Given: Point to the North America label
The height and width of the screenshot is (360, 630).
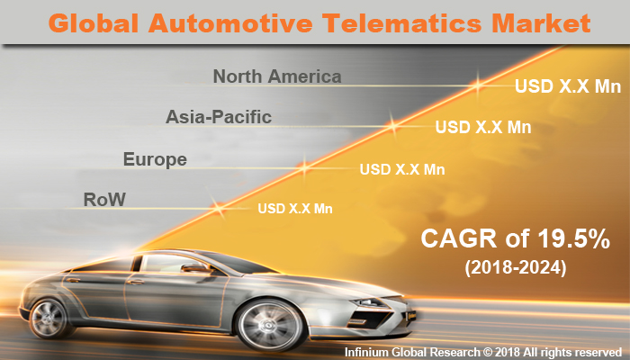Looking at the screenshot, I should pyautogui.click(x=277, y=76).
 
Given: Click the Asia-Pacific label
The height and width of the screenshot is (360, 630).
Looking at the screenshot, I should pyautogui.click(x=219, y=117).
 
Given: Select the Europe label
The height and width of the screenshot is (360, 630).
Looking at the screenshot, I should pyautogui.click(x=155, y=160).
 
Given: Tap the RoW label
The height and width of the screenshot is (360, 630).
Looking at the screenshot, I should pyautogui.click(x=103, y=198).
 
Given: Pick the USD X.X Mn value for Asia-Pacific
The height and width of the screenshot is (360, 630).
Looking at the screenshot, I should pyautogui.click(x=482, y=127).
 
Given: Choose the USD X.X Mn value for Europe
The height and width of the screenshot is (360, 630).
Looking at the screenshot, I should pyautogui.click(x=402, y=168).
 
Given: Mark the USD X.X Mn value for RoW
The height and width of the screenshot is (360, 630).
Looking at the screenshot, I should pyautogui.click(x=295, y=209).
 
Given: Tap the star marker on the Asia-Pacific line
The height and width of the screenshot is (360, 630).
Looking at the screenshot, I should pyautogui.click(x=392, y=126).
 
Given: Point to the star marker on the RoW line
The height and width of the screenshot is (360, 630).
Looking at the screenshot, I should pyautogui.click(x=218, y=208).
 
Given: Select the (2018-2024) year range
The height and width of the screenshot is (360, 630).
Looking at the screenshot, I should pyautogui.click(x=516, y=268).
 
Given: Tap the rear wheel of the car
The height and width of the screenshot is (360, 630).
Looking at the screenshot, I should pyautogui.click(x=51, y=318).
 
